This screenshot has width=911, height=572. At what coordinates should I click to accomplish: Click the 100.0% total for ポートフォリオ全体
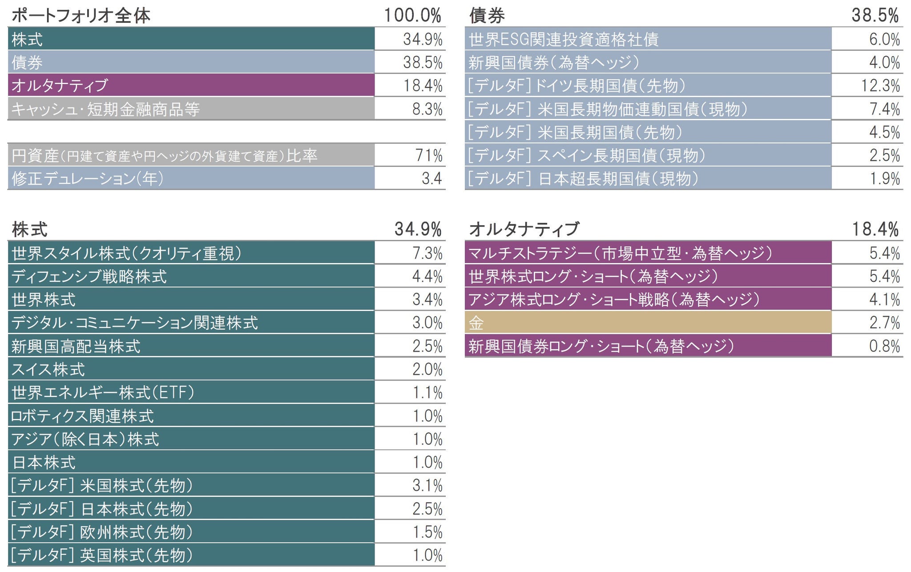412,16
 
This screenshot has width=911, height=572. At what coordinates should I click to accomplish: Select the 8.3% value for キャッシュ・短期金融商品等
427,109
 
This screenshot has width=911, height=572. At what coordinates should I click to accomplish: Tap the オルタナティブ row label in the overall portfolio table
60,85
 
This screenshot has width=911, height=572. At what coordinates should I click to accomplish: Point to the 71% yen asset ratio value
429,155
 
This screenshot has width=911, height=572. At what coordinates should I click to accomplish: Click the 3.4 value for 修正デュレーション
431,178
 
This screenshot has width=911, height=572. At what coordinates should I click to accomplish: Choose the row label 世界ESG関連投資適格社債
564,39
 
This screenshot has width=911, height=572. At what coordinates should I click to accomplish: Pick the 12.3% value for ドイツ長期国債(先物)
880,85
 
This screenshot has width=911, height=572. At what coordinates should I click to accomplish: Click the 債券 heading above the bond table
487,16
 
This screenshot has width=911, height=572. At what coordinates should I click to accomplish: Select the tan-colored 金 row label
476,323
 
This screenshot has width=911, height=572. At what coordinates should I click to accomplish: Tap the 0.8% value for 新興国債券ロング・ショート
884,346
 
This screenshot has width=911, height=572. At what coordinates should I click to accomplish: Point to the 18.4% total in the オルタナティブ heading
875,229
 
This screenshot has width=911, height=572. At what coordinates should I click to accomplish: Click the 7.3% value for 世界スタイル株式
427,253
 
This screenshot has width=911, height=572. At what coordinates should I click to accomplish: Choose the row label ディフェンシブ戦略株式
89,276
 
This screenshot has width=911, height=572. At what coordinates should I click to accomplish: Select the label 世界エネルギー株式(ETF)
103,393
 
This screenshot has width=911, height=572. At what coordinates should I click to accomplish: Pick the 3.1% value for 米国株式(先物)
427,485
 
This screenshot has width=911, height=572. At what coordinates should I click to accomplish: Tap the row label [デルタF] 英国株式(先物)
101,555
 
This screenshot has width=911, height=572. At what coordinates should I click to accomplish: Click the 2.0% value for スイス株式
427,369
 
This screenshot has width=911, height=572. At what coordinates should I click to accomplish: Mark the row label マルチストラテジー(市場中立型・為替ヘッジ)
620,253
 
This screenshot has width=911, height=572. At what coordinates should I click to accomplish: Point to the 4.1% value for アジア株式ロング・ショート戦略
884,299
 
